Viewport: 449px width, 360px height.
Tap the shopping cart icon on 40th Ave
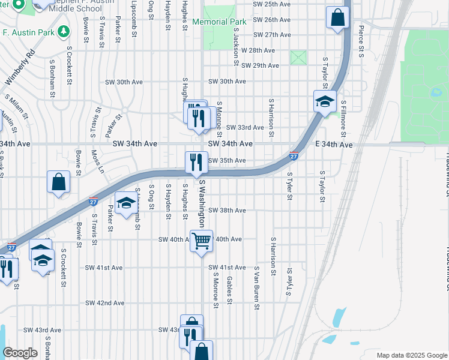click(x=202, y=241)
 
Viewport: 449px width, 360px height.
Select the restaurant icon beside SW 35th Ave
click(x=196, y=162)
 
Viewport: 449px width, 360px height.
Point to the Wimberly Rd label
click(x=19, y=65)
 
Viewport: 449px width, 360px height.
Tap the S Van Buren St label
click(x=256, y=289)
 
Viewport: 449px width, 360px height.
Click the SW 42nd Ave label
click(x=104, y=303)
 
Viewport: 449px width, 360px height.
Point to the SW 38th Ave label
click(x=227, y=211)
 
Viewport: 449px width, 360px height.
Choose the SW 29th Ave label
click(x=260, y=65)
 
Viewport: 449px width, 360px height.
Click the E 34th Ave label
click(x=334, y=145)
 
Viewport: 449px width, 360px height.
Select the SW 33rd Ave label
click(x=245, y=128)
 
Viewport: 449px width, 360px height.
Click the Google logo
click(x=20, y=353)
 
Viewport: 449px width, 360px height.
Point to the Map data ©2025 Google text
click(x=411, y=355)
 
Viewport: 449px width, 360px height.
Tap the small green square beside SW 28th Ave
click(x=298, y=58)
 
